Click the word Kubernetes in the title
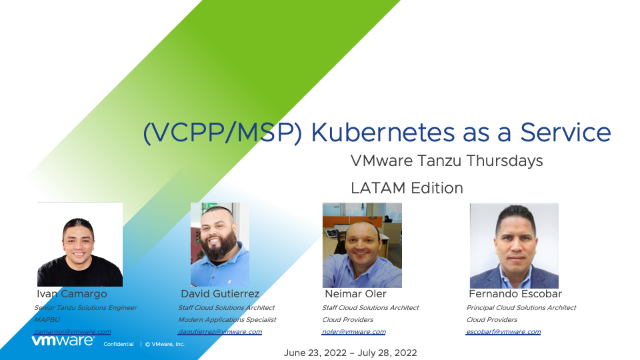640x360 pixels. [x=383, y=133]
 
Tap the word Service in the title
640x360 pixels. [x=565, y=133]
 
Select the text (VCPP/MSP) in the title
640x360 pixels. [x=223, y=133]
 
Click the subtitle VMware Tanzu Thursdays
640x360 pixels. [x=447, y=161]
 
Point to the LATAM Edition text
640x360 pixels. [x=407, y=188]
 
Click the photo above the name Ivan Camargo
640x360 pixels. [x=80, y=245]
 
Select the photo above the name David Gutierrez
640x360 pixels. [x=220, y=245]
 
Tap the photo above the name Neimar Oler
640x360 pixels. [x=362, y=245]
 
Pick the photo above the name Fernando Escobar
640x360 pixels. [x=514, y=246]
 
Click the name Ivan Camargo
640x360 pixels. [x=72, y=294]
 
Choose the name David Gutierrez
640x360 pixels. [x=220, y=294]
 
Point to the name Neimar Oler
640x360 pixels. [x=355, y=294]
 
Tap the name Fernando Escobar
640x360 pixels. [x=515, y=294]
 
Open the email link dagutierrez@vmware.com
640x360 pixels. [x=220, y=332]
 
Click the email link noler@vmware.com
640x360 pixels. [x=354, y=332]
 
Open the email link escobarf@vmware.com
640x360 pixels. [x=503, y=332]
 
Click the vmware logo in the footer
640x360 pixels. [x=63, y=341]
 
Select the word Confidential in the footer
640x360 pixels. [x=119, y=344]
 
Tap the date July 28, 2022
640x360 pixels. [x=387, y=353]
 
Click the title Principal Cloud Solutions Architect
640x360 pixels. [x=521, y=308]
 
